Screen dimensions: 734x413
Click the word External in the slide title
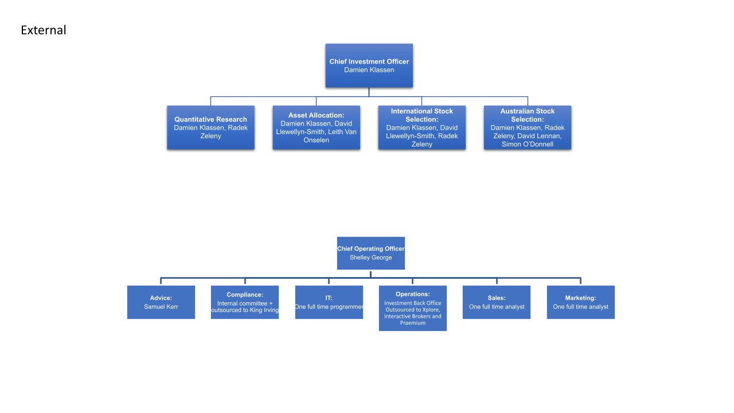coord(43,30)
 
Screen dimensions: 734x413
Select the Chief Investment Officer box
coord(369,65)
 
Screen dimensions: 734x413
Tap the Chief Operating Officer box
coord(371,253)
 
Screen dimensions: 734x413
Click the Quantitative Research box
coord(210,127)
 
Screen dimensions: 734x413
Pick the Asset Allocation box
coord(316,127)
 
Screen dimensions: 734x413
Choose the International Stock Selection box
coord(421,127)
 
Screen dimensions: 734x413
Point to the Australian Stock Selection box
coord(528,127)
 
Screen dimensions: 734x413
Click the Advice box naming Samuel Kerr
coord(161,302)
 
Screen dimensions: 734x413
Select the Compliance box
coord(245,302)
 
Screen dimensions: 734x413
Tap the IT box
coord(329,302)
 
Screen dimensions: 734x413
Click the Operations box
coord(412,308)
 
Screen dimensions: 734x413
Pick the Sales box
coord(497,302)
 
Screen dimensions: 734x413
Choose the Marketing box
coord(581,302)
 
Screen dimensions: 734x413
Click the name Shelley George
coord(370,258)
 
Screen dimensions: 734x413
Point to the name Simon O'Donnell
coord(528,144)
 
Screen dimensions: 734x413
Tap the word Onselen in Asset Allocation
coord(316,140)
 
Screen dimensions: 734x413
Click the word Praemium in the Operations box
coord(412,323)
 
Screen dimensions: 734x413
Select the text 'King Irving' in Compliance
coord(264,310)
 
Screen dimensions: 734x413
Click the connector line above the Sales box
coord(497,281)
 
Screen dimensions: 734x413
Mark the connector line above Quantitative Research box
coord(210,101)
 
